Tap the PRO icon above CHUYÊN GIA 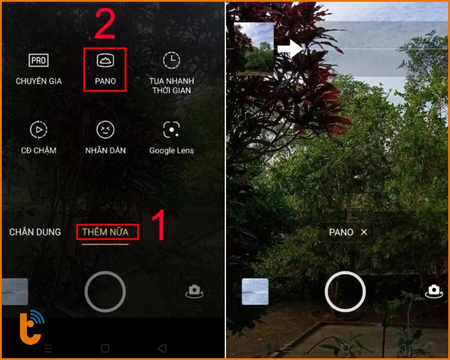(38, 60)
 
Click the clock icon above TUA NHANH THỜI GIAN (171, 60)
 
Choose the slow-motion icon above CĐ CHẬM (38, 130)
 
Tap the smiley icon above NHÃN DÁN (105, 130)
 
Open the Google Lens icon (171, 130)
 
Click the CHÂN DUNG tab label (35, 232)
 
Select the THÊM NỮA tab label (105, 232)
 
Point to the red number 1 (158, 225)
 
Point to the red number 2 (105, 25)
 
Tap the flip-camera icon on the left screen (194, 291)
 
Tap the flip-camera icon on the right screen (434, 290)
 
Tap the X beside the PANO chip (364, 232)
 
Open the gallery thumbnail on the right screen (255, 292)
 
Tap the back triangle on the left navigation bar (162, 348)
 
